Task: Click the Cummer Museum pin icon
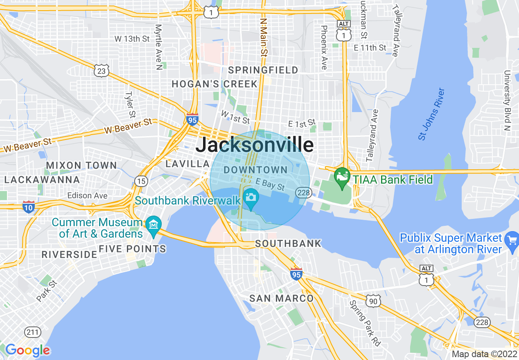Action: coord(153,225)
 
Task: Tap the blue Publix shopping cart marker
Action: coord(512,239)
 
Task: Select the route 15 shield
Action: coord(141,181)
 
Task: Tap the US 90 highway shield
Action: coord(373,301)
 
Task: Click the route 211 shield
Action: coord(32,332)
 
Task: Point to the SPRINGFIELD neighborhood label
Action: coord(263,70)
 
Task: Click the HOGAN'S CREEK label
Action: coord(214,84)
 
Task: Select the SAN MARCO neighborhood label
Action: coord(281,298)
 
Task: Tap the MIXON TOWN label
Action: coord(81,165)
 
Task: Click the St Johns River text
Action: coord(431,114)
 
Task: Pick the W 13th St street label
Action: coord(132,39)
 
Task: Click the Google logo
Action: coord(27,350)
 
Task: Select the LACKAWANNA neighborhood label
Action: coord(42,180)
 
